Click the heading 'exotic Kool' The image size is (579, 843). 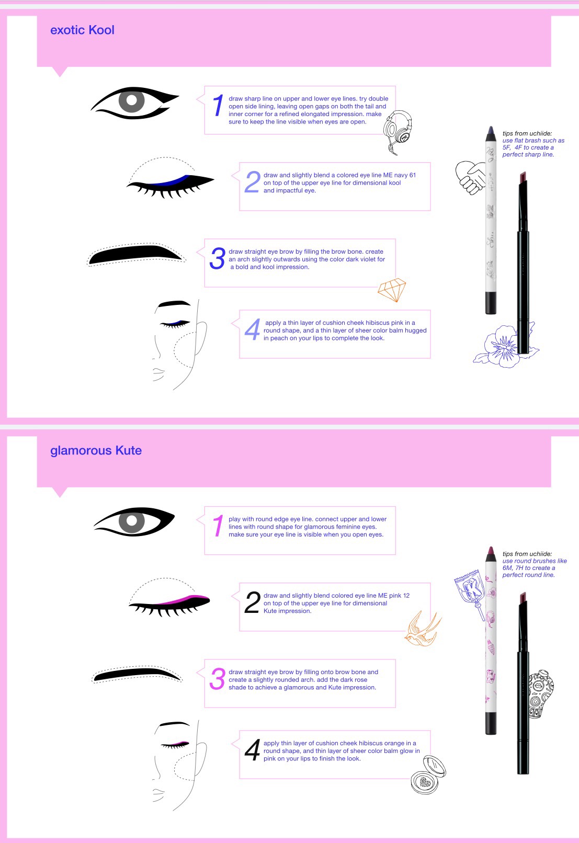point(82,30)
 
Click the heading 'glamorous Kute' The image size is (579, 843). point(96,450)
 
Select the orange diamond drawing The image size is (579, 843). point(392,290)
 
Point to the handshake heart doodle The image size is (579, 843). point(471,177)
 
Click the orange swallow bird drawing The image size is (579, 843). point(423,629)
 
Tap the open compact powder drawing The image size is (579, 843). point(428,775)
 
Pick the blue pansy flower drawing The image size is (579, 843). point(504,346)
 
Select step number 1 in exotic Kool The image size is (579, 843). point(218,105)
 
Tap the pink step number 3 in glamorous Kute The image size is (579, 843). point(218,679)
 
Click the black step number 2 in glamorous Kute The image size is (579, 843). point(252,602)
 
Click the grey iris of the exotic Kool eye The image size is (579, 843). point(132,100)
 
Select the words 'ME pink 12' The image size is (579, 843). point(394,595)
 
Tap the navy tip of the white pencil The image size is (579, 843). point(490,133)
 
